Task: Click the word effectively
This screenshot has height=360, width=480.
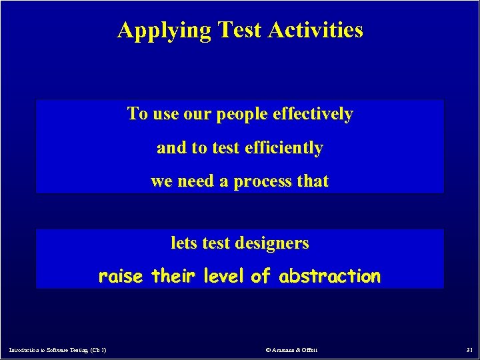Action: (x=313, y=114)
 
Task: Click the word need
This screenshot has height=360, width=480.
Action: (x=196, y=181)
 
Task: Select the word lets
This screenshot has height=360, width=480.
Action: (x=184, y=243)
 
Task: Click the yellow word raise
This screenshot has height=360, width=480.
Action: (x=121, y=276)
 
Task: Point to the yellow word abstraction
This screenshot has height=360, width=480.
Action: (x=330, y=276)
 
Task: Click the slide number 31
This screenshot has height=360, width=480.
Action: (x=469, y=349)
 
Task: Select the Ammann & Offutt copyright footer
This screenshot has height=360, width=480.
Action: (x=291, y=349)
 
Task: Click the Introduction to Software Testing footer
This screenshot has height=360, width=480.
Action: (x=58, y=349)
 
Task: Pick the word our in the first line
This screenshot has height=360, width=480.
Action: (x=197, y=115)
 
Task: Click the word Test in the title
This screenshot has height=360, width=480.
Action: (x=239, y=31)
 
